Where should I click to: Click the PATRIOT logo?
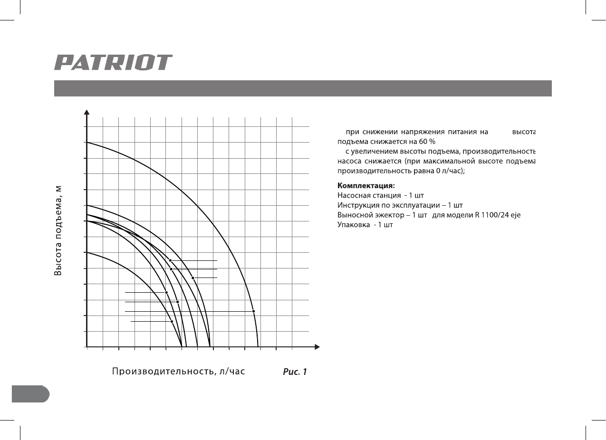pyautogui.click(x=113, y=63)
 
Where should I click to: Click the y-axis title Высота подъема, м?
pyautogui.click(x=58, y=230)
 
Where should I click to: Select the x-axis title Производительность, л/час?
pyautogui.click(x=178, y=371)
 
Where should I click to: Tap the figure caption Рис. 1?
pyautogui.click(x=295, y=372)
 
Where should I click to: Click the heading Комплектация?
pyautogui.click(x=366, y=185)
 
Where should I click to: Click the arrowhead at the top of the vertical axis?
pyautogui.click(x=87, y=112)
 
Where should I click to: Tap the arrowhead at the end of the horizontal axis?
pyautogui.click(x=317, y=347)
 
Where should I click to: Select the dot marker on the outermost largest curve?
pyautogui.click(x=253, y=311)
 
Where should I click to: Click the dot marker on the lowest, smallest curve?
pyautogui.click(x=172, y=322)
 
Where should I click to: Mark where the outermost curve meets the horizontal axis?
pyautogui.click(x=258, y=347)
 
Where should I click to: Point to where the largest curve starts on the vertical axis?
pyautogui.click(x=87, y=143)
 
